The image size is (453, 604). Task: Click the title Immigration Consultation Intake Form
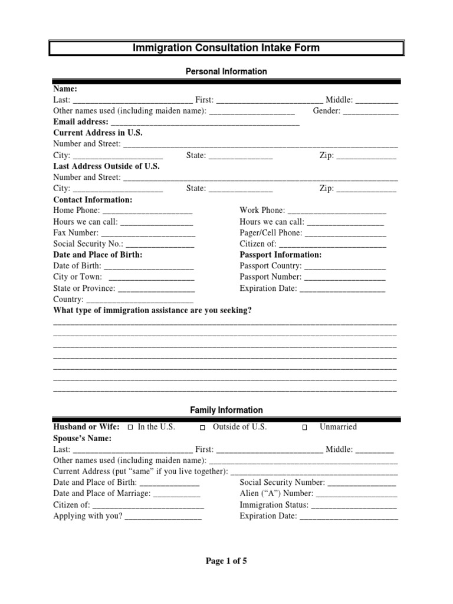tap(226, 48)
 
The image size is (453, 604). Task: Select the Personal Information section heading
tap(226, 71)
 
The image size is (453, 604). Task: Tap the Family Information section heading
tap(226, 410)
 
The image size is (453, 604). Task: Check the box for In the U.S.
tap(130, 427)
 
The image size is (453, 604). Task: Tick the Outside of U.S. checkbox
tap(202, 427)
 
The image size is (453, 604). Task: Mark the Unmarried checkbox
tap(305, 427)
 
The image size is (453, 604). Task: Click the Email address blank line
tap(205, 123)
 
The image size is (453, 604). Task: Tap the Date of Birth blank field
tap(149, 267)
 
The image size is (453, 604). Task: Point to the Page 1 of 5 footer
tap(226, 561)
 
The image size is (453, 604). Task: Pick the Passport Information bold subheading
tap(280, 255)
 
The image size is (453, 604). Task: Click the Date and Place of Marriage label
tap(102, 494)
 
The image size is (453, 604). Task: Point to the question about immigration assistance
tap(152, 310)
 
